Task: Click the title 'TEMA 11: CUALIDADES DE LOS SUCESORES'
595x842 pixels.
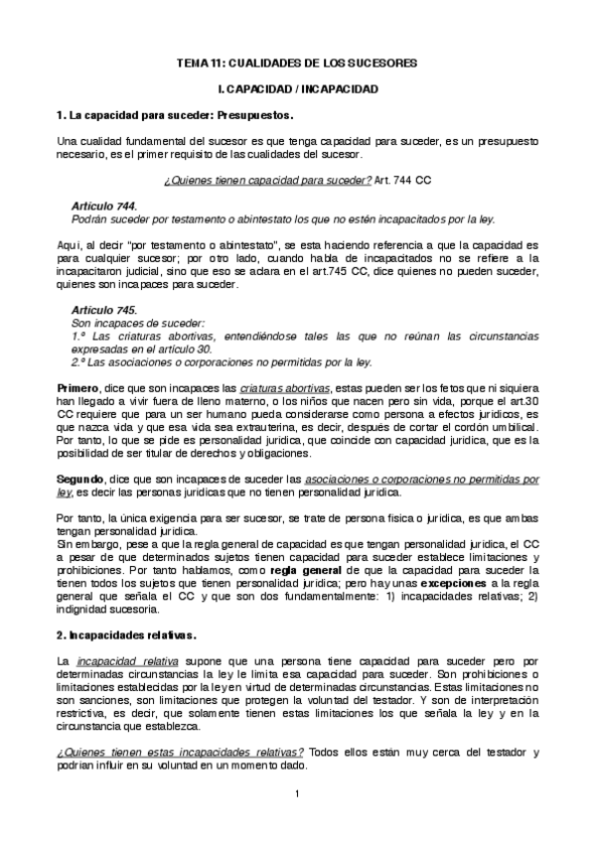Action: click(297, 63)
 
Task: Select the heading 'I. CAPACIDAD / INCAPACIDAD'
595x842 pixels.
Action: click(297, 89)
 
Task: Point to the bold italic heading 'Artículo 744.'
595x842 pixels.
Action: click(104, 206)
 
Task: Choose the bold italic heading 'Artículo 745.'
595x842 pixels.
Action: click(104, 311)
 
